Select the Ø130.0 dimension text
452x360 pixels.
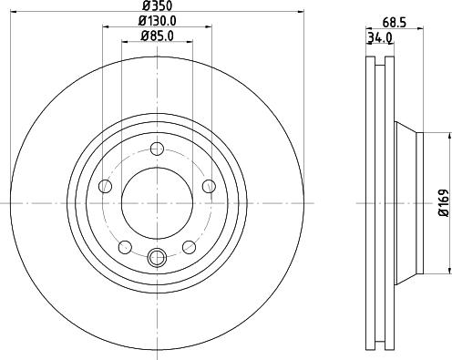pyautogui.click(x=157, y=23)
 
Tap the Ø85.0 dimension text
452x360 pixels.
pyautogui.click(x=157, y=37)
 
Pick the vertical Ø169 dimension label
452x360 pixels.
pyautogui.click(x=442, y=202)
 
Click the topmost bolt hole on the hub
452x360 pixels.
pyautogui.click(x=157, y=149)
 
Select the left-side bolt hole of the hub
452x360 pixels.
pyautogui.click(x=105, y=187)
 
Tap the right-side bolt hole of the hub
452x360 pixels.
pyautogui.click(x=209, y=187)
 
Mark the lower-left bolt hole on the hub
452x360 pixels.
pyautogui.click(x=125, y=247)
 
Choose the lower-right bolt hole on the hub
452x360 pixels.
pyautogui.click(x=189, y=247)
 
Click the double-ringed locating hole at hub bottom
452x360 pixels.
pyautogui.click(x=157, y=258)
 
